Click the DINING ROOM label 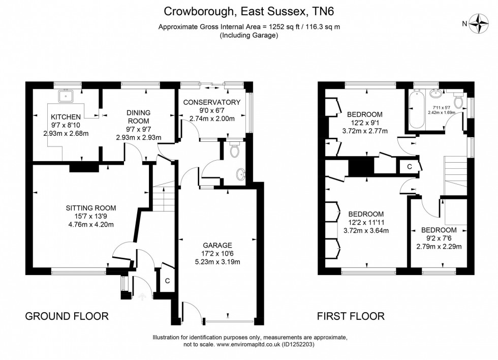[x=138, y=116]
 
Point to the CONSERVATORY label [x=211, y=102]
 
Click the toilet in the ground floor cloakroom [x=234, y=151]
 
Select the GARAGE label [x=219, y=245]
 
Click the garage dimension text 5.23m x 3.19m [x=219, y=262]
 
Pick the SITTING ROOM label [x=91, y=207]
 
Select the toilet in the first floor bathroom [x=458, y=103]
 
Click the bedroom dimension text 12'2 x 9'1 [x=364, y=123]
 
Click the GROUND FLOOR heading [x=67, y=316]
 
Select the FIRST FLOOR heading [x=351, y=316]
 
